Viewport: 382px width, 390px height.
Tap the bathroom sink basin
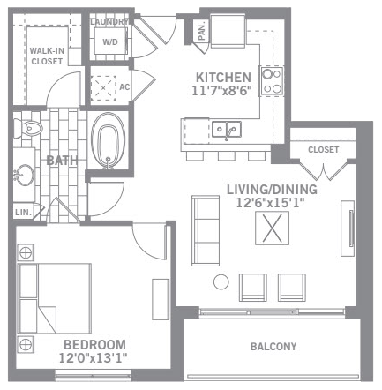pos(25,176)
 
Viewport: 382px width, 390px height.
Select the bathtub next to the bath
pos(108,140)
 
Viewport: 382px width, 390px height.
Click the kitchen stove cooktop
pos(272,81)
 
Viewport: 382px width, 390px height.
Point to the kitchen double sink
pos(227,129)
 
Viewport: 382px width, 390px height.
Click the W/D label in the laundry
pos(110,42)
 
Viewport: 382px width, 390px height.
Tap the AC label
pos(124,87)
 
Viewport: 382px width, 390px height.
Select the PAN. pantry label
pos(202,32)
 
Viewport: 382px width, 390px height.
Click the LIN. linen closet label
pos(23,213)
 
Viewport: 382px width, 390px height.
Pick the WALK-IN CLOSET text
pos(47,56)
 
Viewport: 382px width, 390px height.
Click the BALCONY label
pos(273,347)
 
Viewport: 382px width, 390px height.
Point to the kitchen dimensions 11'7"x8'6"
pos(222,91)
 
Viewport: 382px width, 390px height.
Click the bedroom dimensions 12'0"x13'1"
pos(94,358)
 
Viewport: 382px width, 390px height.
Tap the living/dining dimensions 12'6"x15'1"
pos(270,203)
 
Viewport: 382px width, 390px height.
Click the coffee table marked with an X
pos(272,228)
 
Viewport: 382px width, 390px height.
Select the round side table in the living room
pos(221,281)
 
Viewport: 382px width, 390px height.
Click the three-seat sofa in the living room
pos(206,230)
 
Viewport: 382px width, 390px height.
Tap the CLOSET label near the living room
pos(323,149)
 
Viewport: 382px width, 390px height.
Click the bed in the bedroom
pos(55,298)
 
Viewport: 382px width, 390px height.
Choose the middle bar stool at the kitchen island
pos(227,156)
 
